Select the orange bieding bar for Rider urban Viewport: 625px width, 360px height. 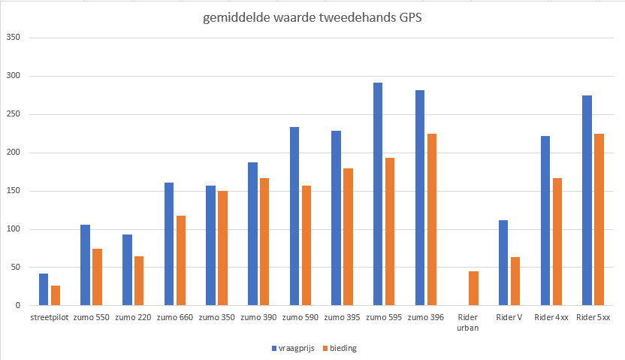(473, 289)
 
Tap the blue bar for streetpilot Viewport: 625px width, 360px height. (44, 289)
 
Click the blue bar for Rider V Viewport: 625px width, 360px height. (503, 263)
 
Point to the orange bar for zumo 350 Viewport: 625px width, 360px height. (222, 248)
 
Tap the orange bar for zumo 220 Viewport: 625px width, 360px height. (139, 281)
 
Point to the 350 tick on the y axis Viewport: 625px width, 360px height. (12, 38)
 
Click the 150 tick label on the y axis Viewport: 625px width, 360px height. (12, 191)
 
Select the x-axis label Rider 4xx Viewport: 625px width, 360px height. (551, 317)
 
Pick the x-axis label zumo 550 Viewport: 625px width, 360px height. (92, 317)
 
